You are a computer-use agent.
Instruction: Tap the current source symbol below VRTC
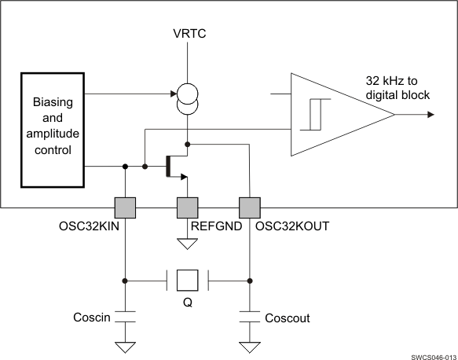(186, 98)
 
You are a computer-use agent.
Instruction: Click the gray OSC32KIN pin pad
(125, 208)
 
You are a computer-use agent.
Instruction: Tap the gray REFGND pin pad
(187, 208)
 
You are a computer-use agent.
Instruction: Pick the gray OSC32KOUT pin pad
(249, 208)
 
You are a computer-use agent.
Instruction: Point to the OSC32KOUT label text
(292, 226)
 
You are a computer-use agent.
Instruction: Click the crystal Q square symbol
(187, 281)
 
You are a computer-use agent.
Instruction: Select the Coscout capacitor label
(287, 318)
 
